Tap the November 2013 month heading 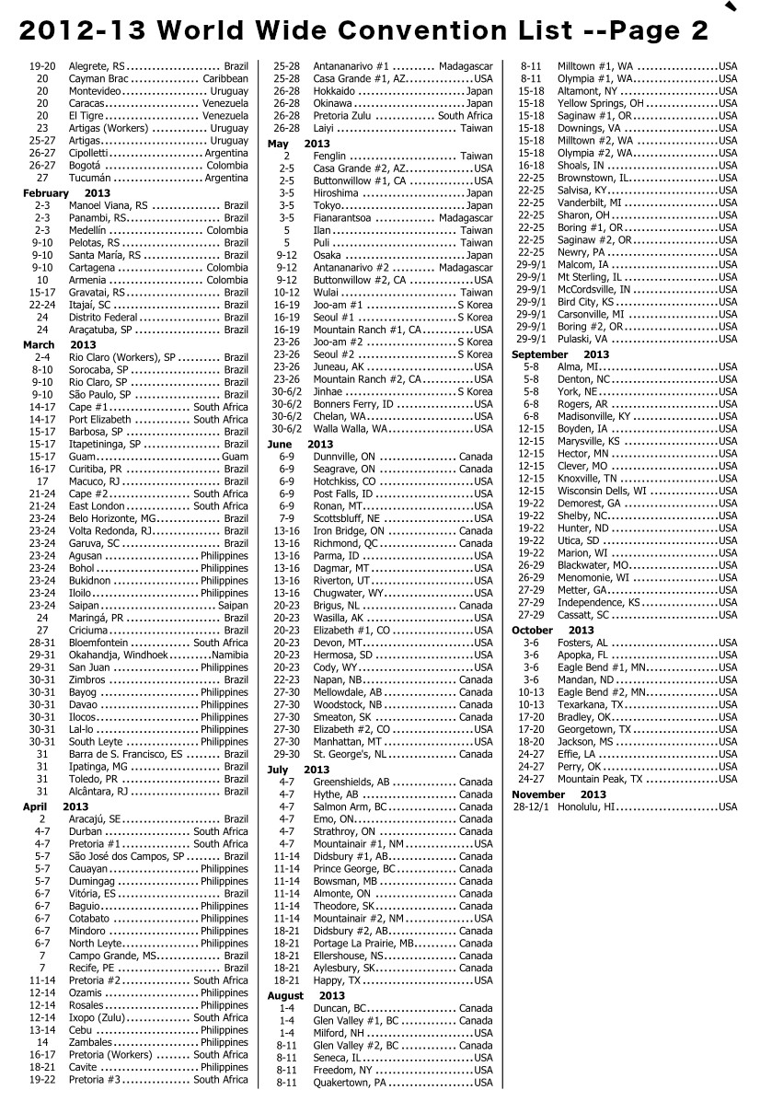(x=558, y=794)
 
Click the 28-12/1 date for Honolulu (x=531, y=807)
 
